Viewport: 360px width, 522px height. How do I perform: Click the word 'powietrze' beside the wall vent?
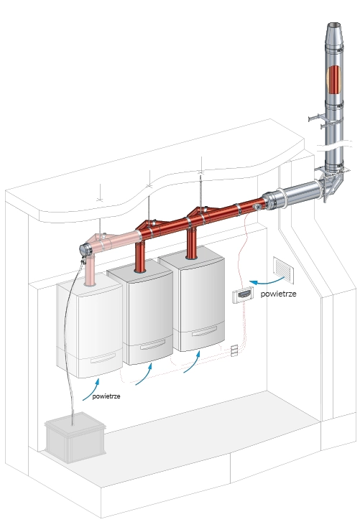tap(278, 294)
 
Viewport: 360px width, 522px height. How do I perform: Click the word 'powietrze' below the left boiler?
tap(106, 396)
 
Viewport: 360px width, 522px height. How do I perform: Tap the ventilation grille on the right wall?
tap(283, 270)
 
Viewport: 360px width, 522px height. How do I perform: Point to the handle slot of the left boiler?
tap(103, 358)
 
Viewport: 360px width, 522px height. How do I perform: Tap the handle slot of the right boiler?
tap(204, 331)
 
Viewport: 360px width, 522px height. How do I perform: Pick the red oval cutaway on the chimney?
tap(334, 80)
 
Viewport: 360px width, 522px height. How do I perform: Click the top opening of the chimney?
tap(334, 25)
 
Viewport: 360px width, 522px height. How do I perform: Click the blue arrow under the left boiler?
tap(91, 388)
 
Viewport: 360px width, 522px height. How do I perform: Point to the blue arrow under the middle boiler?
tap(144, 375)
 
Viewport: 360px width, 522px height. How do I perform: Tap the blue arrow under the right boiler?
tap(192, 362)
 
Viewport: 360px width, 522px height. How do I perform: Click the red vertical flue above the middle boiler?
tap(140, 256)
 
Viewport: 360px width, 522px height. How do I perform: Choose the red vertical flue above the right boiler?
tap(191, 243)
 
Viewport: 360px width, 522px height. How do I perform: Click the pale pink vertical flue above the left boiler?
tap(90, 270)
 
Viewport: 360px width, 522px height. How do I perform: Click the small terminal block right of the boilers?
tap(234, 350)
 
